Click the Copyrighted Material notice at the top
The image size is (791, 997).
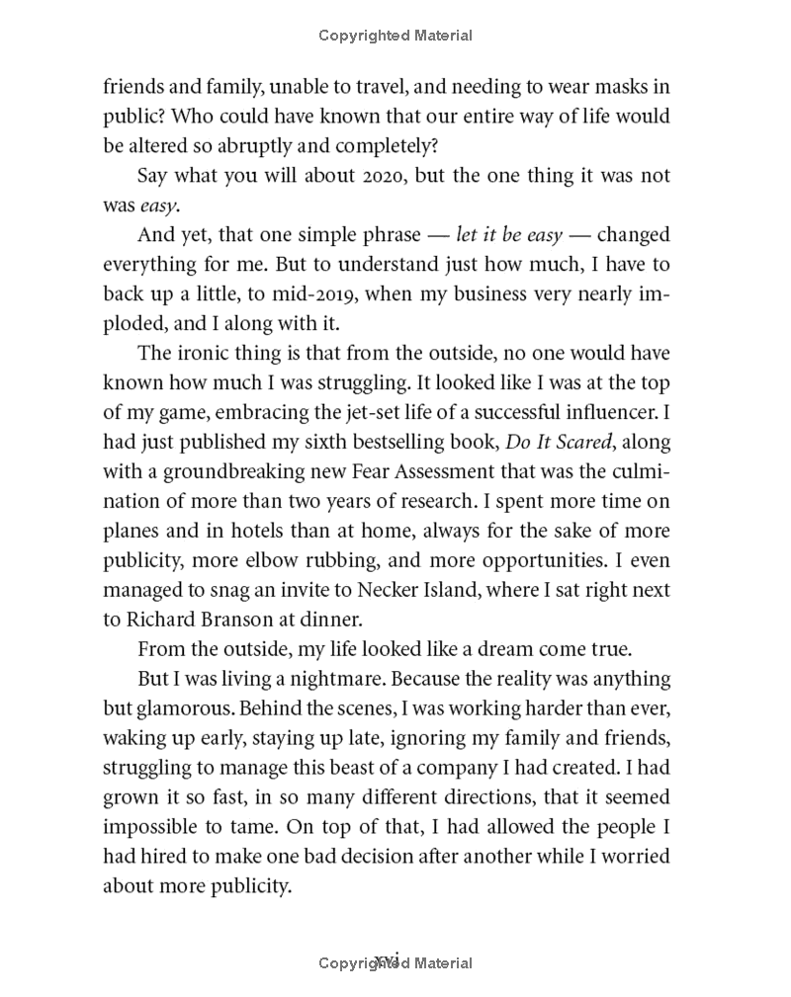pos(395,36)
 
